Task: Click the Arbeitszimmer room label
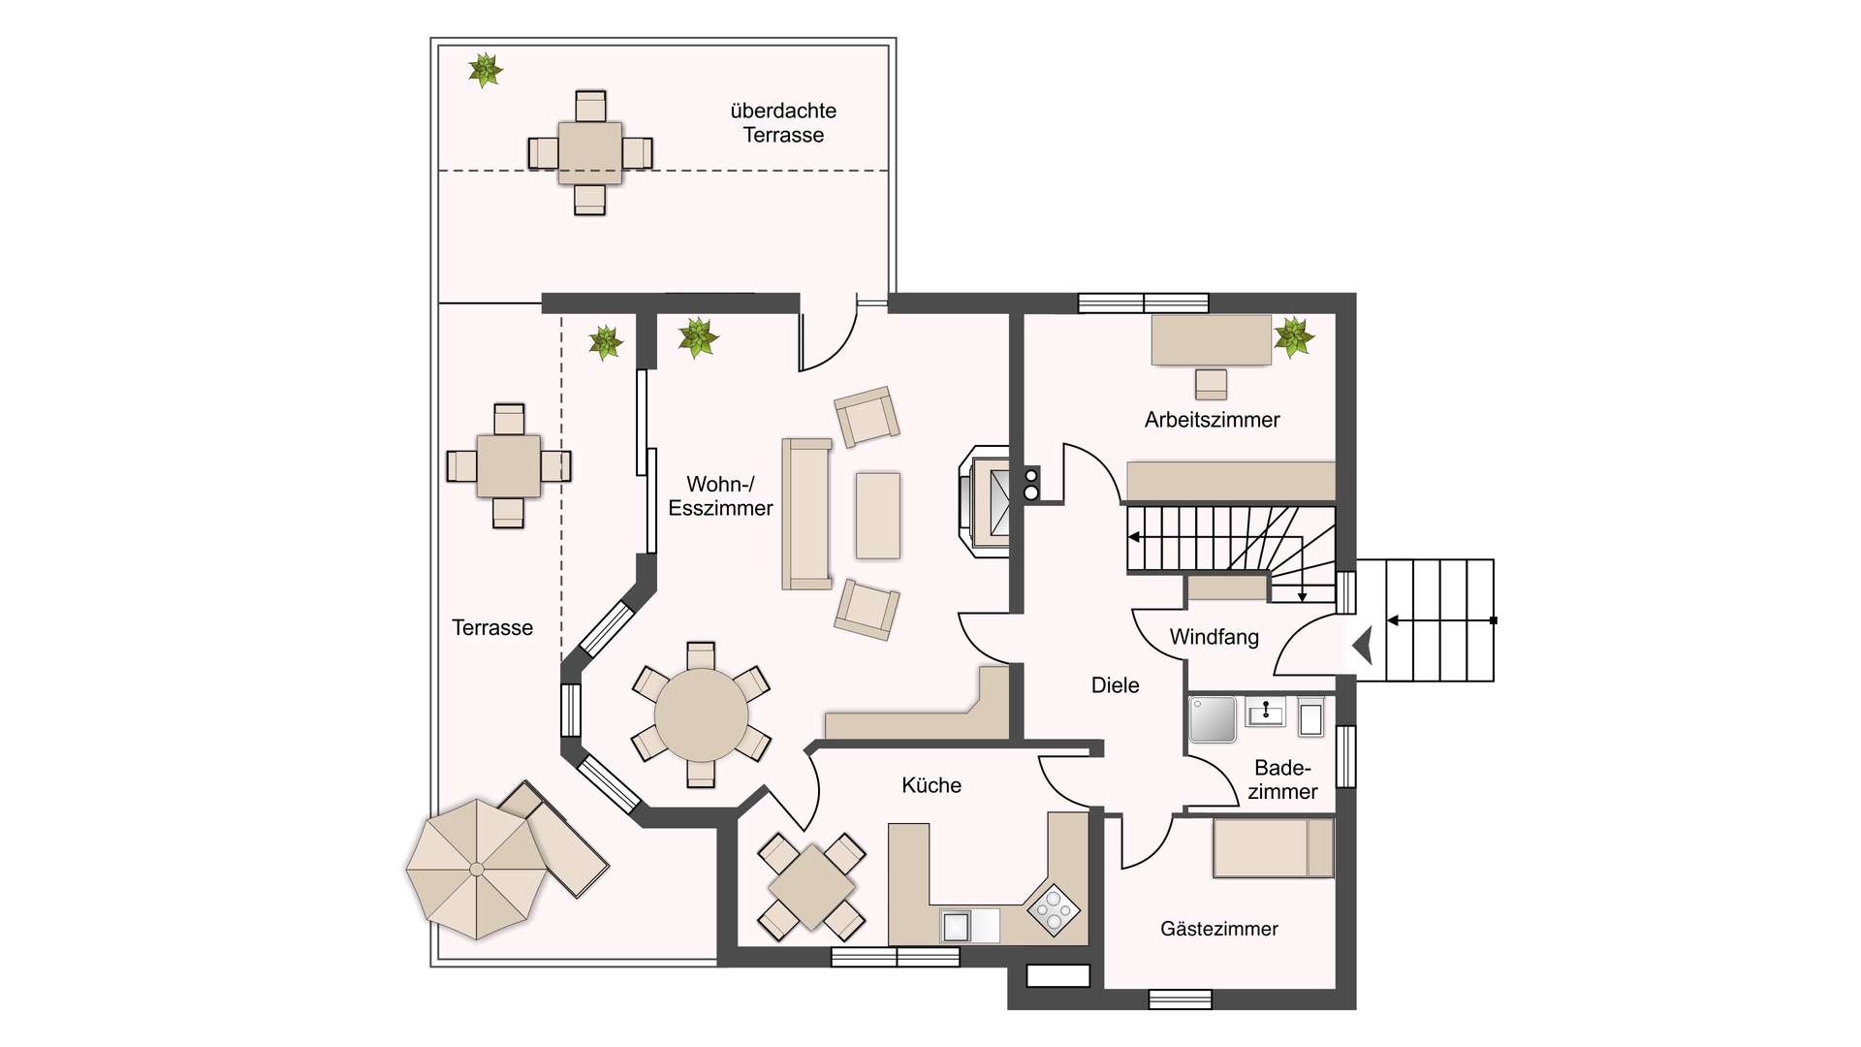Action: pos(1212,420)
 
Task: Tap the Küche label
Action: pos(931,785)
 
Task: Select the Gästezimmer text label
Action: pos(1219,929)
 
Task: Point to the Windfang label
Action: pos(1214,637)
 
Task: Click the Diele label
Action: pos(1116,685)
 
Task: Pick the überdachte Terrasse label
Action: pos(783,123)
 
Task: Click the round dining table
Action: pos(701,715)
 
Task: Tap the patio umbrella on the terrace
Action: pos(476,870)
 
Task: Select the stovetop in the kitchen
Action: pos(1054,909)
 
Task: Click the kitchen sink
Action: pos(956,926)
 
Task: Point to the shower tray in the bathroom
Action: pos(1213,719)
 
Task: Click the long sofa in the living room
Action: pos(807,514)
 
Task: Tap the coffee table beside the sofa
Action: pos(878,516)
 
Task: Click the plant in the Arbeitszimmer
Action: pos(1293,337)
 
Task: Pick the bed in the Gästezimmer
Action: pos(1273,847)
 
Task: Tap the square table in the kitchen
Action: pos(811,887)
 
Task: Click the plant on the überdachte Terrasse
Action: pos(485,70)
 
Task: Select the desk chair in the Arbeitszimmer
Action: pos(1211,384)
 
